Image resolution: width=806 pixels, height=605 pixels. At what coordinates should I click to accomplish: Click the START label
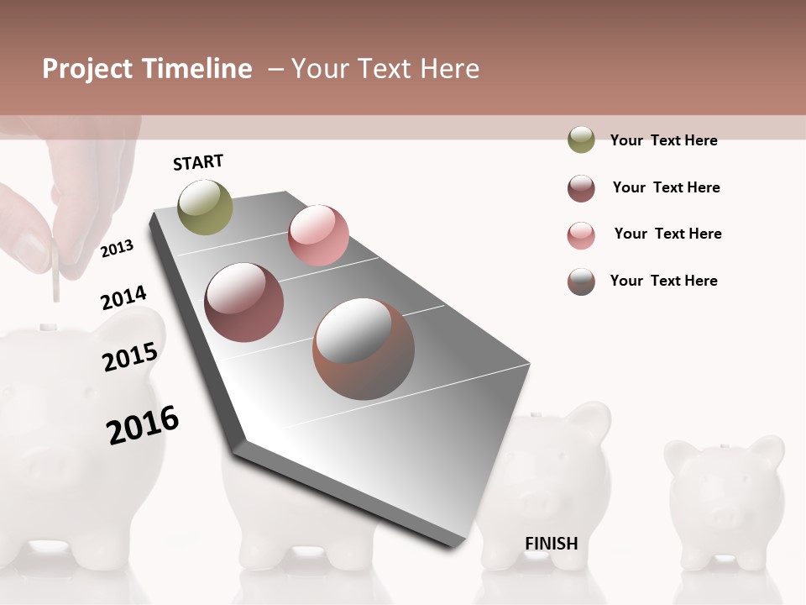[x=198, y=162]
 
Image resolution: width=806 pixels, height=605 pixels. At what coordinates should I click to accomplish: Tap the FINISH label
[x=551, y=544]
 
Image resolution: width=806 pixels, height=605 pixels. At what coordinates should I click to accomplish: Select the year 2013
[x=117, y=249]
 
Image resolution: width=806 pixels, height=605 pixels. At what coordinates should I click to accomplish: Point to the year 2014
[x=123, y=298]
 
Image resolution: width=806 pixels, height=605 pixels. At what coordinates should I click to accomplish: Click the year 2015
[x=130, y=357]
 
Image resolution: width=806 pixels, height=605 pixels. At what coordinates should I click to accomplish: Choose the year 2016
[x=143, y=425]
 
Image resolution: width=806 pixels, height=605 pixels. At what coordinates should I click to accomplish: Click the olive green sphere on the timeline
[x=206, y=207]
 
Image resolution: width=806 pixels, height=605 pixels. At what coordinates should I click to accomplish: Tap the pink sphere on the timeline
[x=318, y=235]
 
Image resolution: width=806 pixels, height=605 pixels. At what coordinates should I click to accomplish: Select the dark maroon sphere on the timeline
[x=244, y=302]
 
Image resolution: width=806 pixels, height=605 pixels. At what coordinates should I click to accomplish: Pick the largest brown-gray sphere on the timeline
[x=364, y=349]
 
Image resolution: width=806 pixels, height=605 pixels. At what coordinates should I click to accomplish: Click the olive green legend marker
[x=581, y=140]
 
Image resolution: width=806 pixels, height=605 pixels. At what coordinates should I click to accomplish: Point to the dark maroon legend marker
[x=581, y=188]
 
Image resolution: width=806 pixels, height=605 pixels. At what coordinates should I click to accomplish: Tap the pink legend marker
[x=581, y=235]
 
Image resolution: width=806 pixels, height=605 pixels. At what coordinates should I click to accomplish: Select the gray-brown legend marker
[x=581, y=281]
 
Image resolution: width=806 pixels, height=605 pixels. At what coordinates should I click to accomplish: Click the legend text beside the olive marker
[x=663, y=140]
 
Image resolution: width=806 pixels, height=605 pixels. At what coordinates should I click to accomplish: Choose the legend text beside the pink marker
[x=667, y=234]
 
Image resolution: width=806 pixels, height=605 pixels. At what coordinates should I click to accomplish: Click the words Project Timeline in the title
[x=147, y=69]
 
